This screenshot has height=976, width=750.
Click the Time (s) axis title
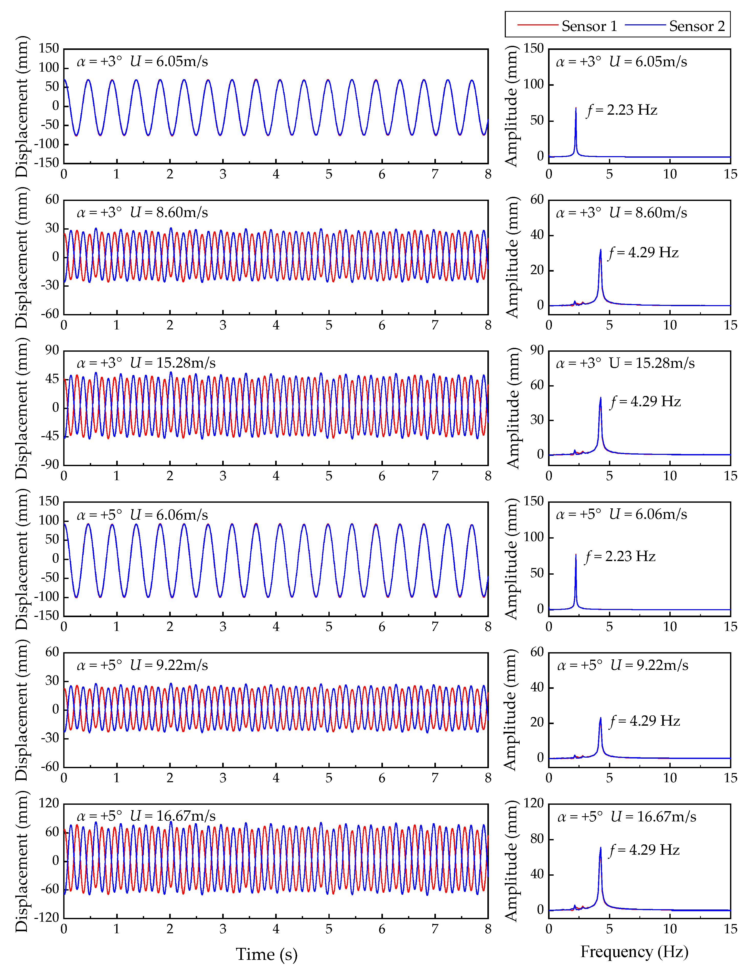[x=266, y=954]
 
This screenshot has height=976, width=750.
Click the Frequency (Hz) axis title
[x=634, y=952]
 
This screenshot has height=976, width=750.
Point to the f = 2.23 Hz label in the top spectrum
[x=622, y=110]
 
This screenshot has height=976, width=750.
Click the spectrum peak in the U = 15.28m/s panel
[x=601, y=398]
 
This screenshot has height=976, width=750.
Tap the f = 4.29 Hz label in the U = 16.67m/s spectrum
[x=644, y=850]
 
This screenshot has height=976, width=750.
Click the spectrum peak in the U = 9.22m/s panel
[x=601, y=718]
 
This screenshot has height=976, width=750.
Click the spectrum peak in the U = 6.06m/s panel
[x=576, y=555]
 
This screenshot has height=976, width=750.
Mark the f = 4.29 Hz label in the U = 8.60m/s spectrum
[x=643, y=253]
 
